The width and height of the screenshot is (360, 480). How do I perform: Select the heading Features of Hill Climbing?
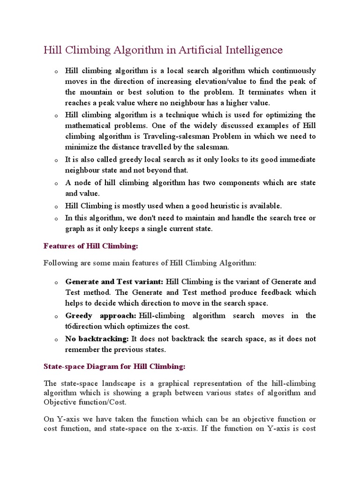[x=91, y=246]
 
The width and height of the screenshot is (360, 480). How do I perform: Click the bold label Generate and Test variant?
[x=114, y=282]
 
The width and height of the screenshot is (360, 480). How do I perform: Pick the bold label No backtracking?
[x=97, y=338]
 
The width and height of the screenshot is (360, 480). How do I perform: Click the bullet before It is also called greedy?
[x=55, y=161]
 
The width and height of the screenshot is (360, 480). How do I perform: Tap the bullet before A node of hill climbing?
[x=55, y=184]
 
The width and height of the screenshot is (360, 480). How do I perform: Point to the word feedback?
[x=274, y=292]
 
